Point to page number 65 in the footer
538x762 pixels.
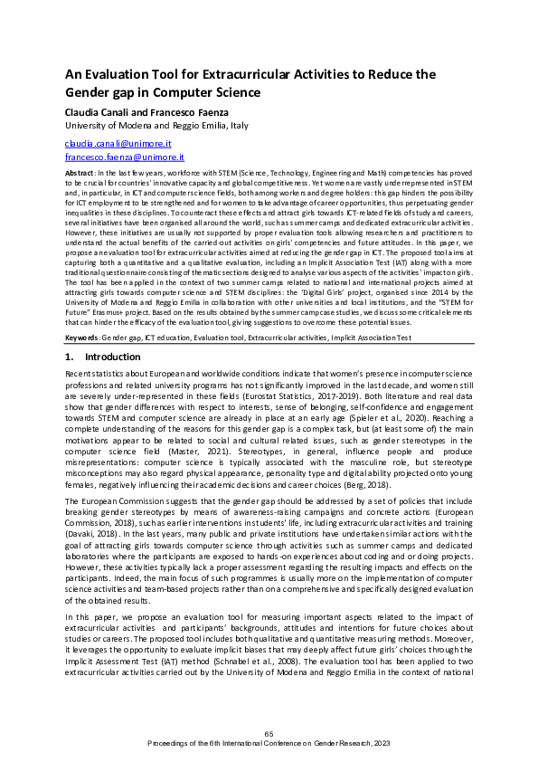pyautogui.click(x=269, y=733)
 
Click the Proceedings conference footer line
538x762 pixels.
pyautogui.click(x=269, y=742)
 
